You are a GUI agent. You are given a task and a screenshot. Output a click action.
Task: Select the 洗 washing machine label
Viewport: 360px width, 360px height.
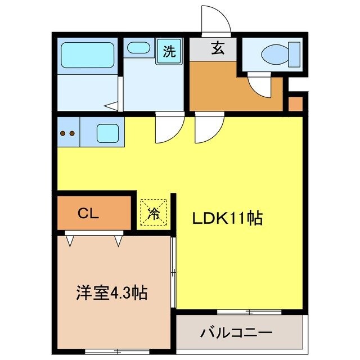169,52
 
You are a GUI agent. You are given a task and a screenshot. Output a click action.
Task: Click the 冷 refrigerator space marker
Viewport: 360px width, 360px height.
153,213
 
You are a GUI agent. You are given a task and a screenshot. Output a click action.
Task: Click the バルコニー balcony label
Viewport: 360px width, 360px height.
236,332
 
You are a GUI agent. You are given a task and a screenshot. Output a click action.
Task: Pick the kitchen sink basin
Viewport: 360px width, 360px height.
107,133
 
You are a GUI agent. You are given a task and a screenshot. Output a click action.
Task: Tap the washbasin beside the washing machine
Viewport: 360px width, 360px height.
138,48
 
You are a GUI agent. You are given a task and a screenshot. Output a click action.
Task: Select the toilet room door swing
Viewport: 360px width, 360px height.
260,87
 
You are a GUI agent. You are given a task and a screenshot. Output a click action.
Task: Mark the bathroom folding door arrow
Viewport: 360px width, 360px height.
112,105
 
